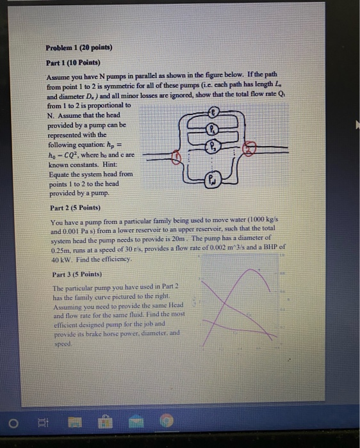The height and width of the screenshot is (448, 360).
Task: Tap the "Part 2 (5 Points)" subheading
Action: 76,208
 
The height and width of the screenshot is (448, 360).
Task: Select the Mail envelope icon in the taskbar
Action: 135,422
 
